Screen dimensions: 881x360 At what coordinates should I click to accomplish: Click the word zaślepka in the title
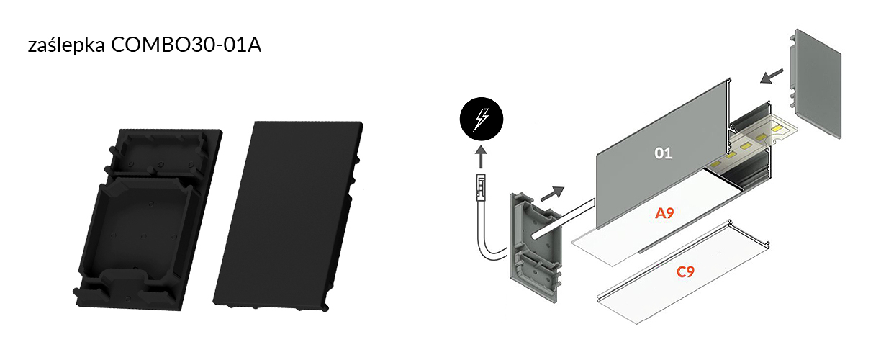click(x=66, y=45)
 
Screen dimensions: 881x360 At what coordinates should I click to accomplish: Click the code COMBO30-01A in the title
click(x=186, y=45)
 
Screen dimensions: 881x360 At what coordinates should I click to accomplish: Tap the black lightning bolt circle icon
click(x=482, y=119)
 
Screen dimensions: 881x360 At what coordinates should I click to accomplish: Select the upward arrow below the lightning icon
click(x=481, y=158)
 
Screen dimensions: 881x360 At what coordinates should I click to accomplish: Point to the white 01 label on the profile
click(x=663, y=153)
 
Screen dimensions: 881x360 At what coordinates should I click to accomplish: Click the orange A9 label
click(x=664, y=213)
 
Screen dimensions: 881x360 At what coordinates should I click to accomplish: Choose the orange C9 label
click(x=685, y=271)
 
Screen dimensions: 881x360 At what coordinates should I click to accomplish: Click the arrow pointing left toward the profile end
click(x=772, y=76)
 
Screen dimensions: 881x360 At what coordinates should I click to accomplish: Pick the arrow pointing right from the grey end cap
click(x=553, y=194)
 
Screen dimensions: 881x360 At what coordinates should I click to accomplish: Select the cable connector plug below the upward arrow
click(x=481, y=188)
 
